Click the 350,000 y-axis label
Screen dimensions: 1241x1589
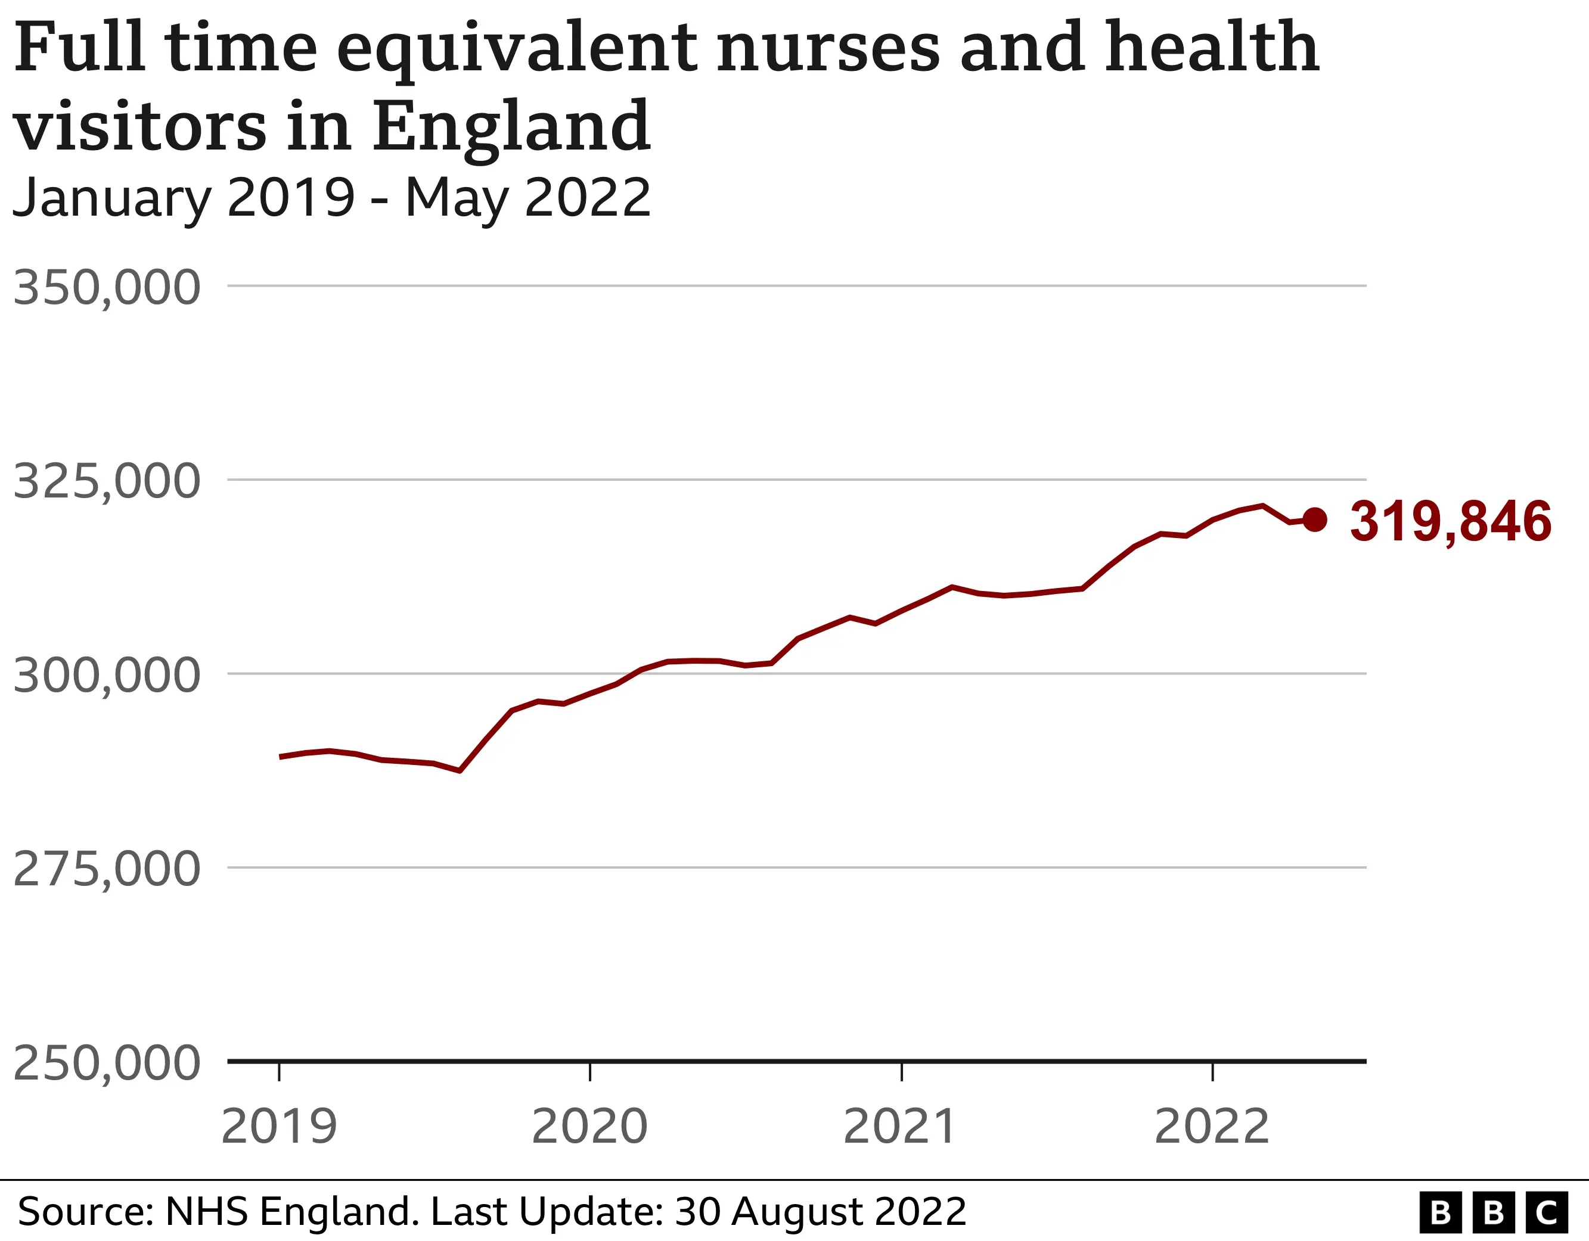(107, 288)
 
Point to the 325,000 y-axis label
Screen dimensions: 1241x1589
(107, 481)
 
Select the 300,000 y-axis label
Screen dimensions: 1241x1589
(107, 676)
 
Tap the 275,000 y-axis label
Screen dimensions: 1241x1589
(107, 869)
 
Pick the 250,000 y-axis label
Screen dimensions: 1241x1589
(107, 1063)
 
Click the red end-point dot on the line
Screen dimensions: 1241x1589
(1315, 520)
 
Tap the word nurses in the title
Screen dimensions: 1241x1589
(828, 48)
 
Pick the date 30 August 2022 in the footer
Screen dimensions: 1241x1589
(821, 1212)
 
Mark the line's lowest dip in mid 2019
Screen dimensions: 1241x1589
(460, 770)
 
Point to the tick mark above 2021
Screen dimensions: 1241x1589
(901, 1072)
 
